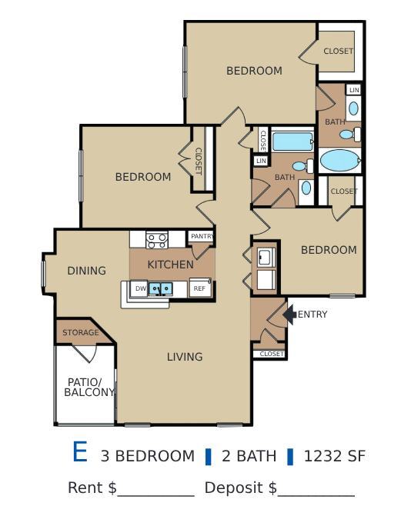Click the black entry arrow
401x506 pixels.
pyautogui.click(x=289, y=314)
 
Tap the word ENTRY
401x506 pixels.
pyautogui.click(x=312, y=315)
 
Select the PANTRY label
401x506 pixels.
pyautogui.click(x=202, y=237)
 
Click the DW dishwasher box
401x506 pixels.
pyautogui.click(x=140, y=288)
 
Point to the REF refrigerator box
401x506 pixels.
pyautogui.click(x=199, y=288)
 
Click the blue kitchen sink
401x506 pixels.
pyautogui.click(x=161, y=288)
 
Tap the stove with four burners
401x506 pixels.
pyautogui.click(x=157, y=239)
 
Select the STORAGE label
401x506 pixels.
pyautogui.click(x=81, y=332)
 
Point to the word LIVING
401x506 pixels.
pyautogui.click(x=185, y=357)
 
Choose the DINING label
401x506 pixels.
pyautogui.click(x=86, y=271)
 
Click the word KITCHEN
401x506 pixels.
pyautogui.click(x=171, y=265)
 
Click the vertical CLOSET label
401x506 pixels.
pyautogui.click(x=198, y=161)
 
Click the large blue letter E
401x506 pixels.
pyautogui.click(x=79, y=453)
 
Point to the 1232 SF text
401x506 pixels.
pyautogui.click(x=334, y=456)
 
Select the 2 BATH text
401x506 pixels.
pyautogui.click(x=249, y=456)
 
